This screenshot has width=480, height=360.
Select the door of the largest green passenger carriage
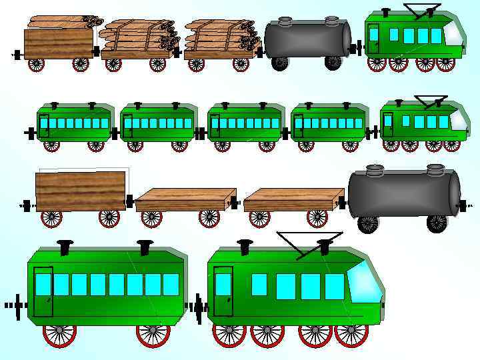44,291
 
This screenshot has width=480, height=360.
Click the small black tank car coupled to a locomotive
307,39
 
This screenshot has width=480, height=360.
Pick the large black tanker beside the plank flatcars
405,193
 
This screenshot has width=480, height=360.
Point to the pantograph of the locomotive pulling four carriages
431,101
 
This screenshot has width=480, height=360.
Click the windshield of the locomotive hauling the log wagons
455,31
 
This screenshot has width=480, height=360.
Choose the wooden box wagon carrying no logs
81,191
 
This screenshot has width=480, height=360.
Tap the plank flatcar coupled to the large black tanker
293,200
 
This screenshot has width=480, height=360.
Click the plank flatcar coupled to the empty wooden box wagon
185,200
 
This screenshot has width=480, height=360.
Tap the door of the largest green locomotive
223,291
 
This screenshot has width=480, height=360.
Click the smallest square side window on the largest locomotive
259,285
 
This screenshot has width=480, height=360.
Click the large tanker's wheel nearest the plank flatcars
367,224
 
